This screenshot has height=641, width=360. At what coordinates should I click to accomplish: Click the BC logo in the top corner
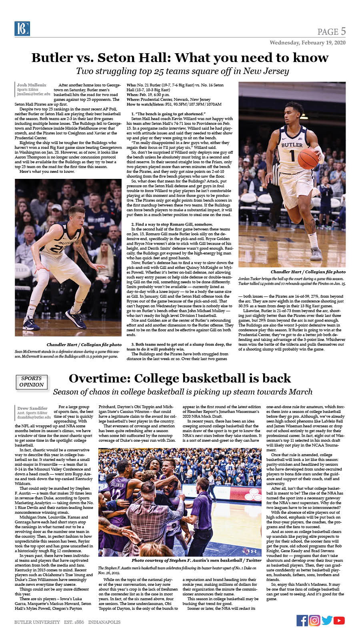pos(20,28)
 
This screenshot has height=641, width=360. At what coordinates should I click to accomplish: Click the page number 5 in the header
pos(343,31)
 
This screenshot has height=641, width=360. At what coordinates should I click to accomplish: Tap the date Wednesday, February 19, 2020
pos(307,42)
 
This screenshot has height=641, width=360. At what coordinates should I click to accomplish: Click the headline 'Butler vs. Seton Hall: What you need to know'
pos(180,58)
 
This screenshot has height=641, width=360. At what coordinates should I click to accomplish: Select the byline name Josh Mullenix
pos(32,85)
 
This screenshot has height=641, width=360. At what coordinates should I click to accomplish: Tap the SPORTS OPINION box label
pos(32,381)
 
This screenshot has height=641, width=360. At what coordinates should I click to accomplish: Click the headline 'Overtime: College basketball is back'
pos(180,378)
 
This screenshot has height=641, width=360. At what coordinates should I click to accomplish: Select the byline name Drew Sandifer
pos(32,408)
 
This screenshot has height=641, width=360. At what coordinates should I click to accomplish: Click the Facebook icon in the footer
pos(302,620)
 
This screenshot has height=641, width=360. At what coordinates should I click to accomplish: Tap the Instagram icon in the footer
pos(314,620)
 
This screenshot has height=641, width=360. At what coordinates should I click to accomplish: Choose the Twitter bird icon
pos(327,620)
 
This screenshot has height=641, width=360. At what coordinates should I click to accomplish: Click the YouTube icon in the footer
pos(339,620)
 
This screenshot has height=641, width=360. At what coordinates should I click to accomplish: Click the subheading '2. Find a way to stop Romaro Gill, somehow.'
pos(174,224)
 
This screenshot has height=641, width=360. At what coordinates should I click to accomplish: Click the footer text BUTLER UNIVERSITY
pos(37,622)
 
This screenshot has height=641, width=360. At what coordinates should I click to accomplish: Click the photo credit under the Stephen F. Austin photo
pos(196,561)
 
